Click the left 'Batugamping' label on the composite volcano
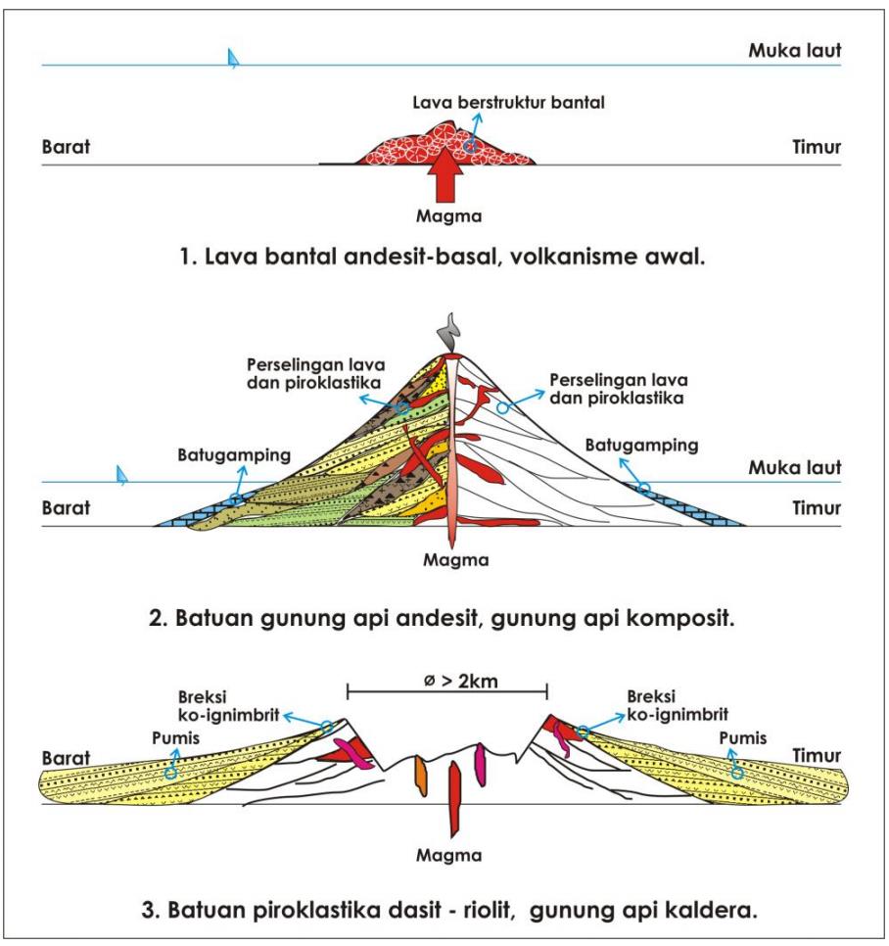[x=220, y=455]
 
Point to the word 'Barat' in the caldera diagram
[x=66, y=759]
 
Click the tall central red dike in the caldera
[x=454, y=795]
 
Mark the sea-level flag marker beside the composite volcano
[x=121, y=475]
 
